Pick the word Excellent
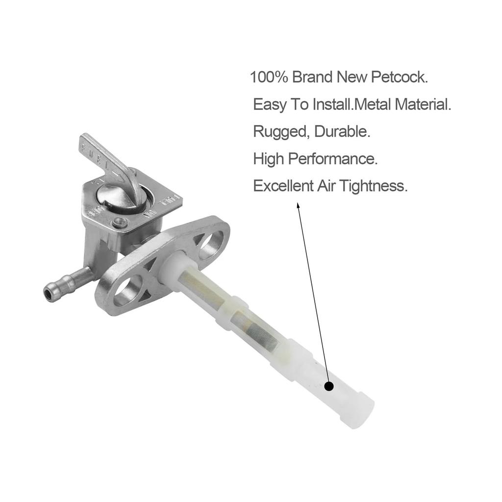tap(283, 186)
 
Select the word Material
tap(423, 104)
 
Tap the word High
tap(268, 159)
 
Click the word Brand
tap(313, 77)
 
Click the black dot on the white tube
tap(328, 386)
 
